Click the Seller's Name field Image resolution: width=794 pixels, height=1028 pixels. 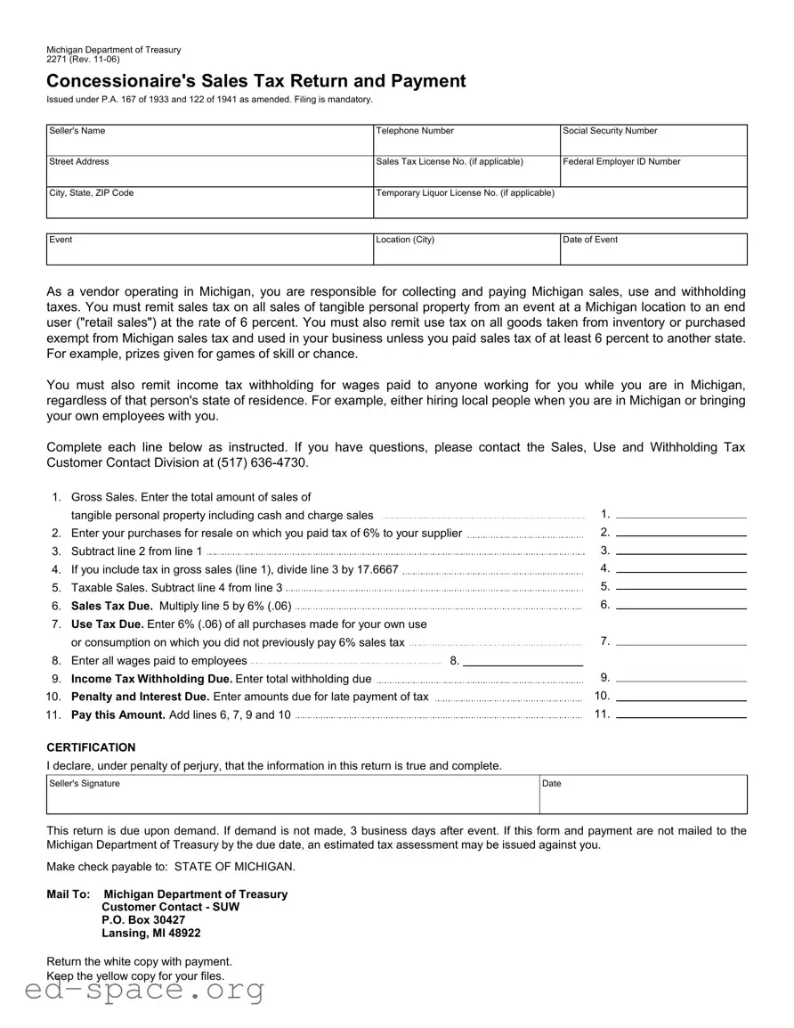(209, 142)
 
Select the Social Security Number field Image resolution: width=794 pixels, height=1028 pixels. (653, 143)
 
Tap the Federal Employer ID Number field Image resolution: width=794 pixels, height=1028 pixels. (653, 173)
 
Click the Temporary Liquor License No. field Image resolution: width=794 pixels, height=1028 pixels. (560, 205)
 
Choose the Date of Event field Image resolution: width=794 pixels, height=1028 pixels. (653, 252)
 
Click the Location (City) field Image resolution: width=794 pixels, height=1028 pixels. (466, 252)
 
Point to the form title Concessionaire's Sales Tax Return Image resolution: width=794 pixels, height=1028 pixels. (256, 81)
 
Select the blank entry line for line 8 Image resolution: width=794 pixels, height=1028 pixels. (523, 661)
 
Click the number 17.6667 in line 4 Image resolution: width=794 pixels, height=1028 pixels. (377, 569)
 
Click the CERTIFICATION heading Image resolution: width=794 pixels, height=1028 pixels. (91, 747)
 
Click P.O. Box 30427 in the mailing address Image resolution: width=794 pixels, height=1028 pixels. (143, 919)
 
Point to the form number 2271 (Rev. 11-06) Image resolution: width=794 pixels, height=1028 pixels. (83, 60)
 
